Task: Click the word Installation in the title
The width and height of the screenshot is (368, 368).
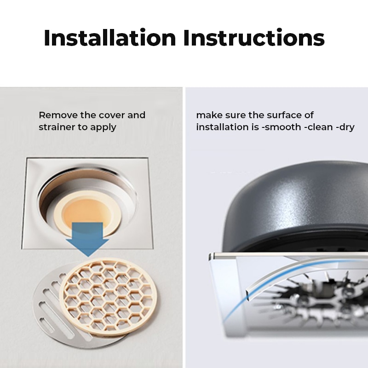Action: [110, 38]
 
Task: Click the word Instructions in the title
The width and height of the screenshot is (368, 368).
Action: [254, 38]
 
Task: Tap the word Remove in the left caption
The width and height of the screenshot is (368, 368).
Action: [58, 115]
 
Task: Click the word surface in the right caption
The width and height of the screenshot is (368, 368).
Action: [284, 115]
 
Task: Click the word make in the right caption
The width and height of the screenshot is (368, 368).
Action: [209, 115]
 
